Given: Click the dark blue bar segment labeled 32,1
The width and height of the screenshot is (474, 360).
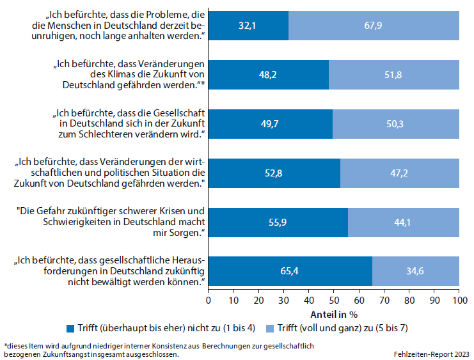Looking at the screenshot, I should tap(248, 26).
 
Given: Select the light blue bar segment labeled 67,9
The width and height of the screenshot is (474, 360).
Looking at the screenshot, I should tap(374, 26).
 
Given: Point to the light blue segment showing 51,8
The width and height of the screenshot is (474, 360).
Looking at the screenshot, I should tap(394, 75).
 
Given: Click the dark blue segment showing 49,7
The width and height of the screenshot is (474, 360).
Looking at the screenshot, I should tap(270, 124).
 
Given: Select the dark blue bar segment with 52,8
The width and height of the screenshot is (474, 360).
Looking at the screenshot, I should tap(274, 173).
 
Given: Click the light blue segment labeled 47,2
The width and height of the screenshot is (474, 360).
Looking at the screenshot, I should tap(400, 173).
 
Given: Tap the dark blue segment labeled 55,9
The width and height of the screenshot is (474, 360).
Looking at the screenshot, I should tap(278, 223).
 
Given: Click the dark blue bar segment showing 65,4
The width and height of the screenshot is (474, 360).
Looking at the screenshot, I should tap(290, 271).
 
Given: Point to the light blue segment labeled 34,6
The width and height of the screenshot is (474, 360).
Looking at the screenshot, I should tap(416, 271).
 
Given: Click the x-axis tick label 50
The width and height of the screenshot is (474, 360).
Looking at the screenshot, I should tap(333, 300).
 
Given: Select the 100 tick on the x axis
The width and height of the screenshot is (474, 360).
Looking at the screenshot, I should tap(459, 300).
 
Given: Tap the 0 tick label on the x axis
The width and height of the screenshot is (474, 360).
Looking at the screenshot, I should tap(208, 300).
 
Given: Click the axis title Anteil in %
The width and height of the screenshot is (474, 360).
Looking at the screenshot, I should tap(333, 315).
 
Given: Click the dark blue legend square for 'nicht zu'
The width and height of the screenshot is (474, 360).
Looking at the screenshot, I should tap(70, 329).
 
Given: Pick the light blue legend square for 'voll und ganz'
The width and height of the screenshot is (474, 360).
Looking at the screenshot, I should tap(270, 329).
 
